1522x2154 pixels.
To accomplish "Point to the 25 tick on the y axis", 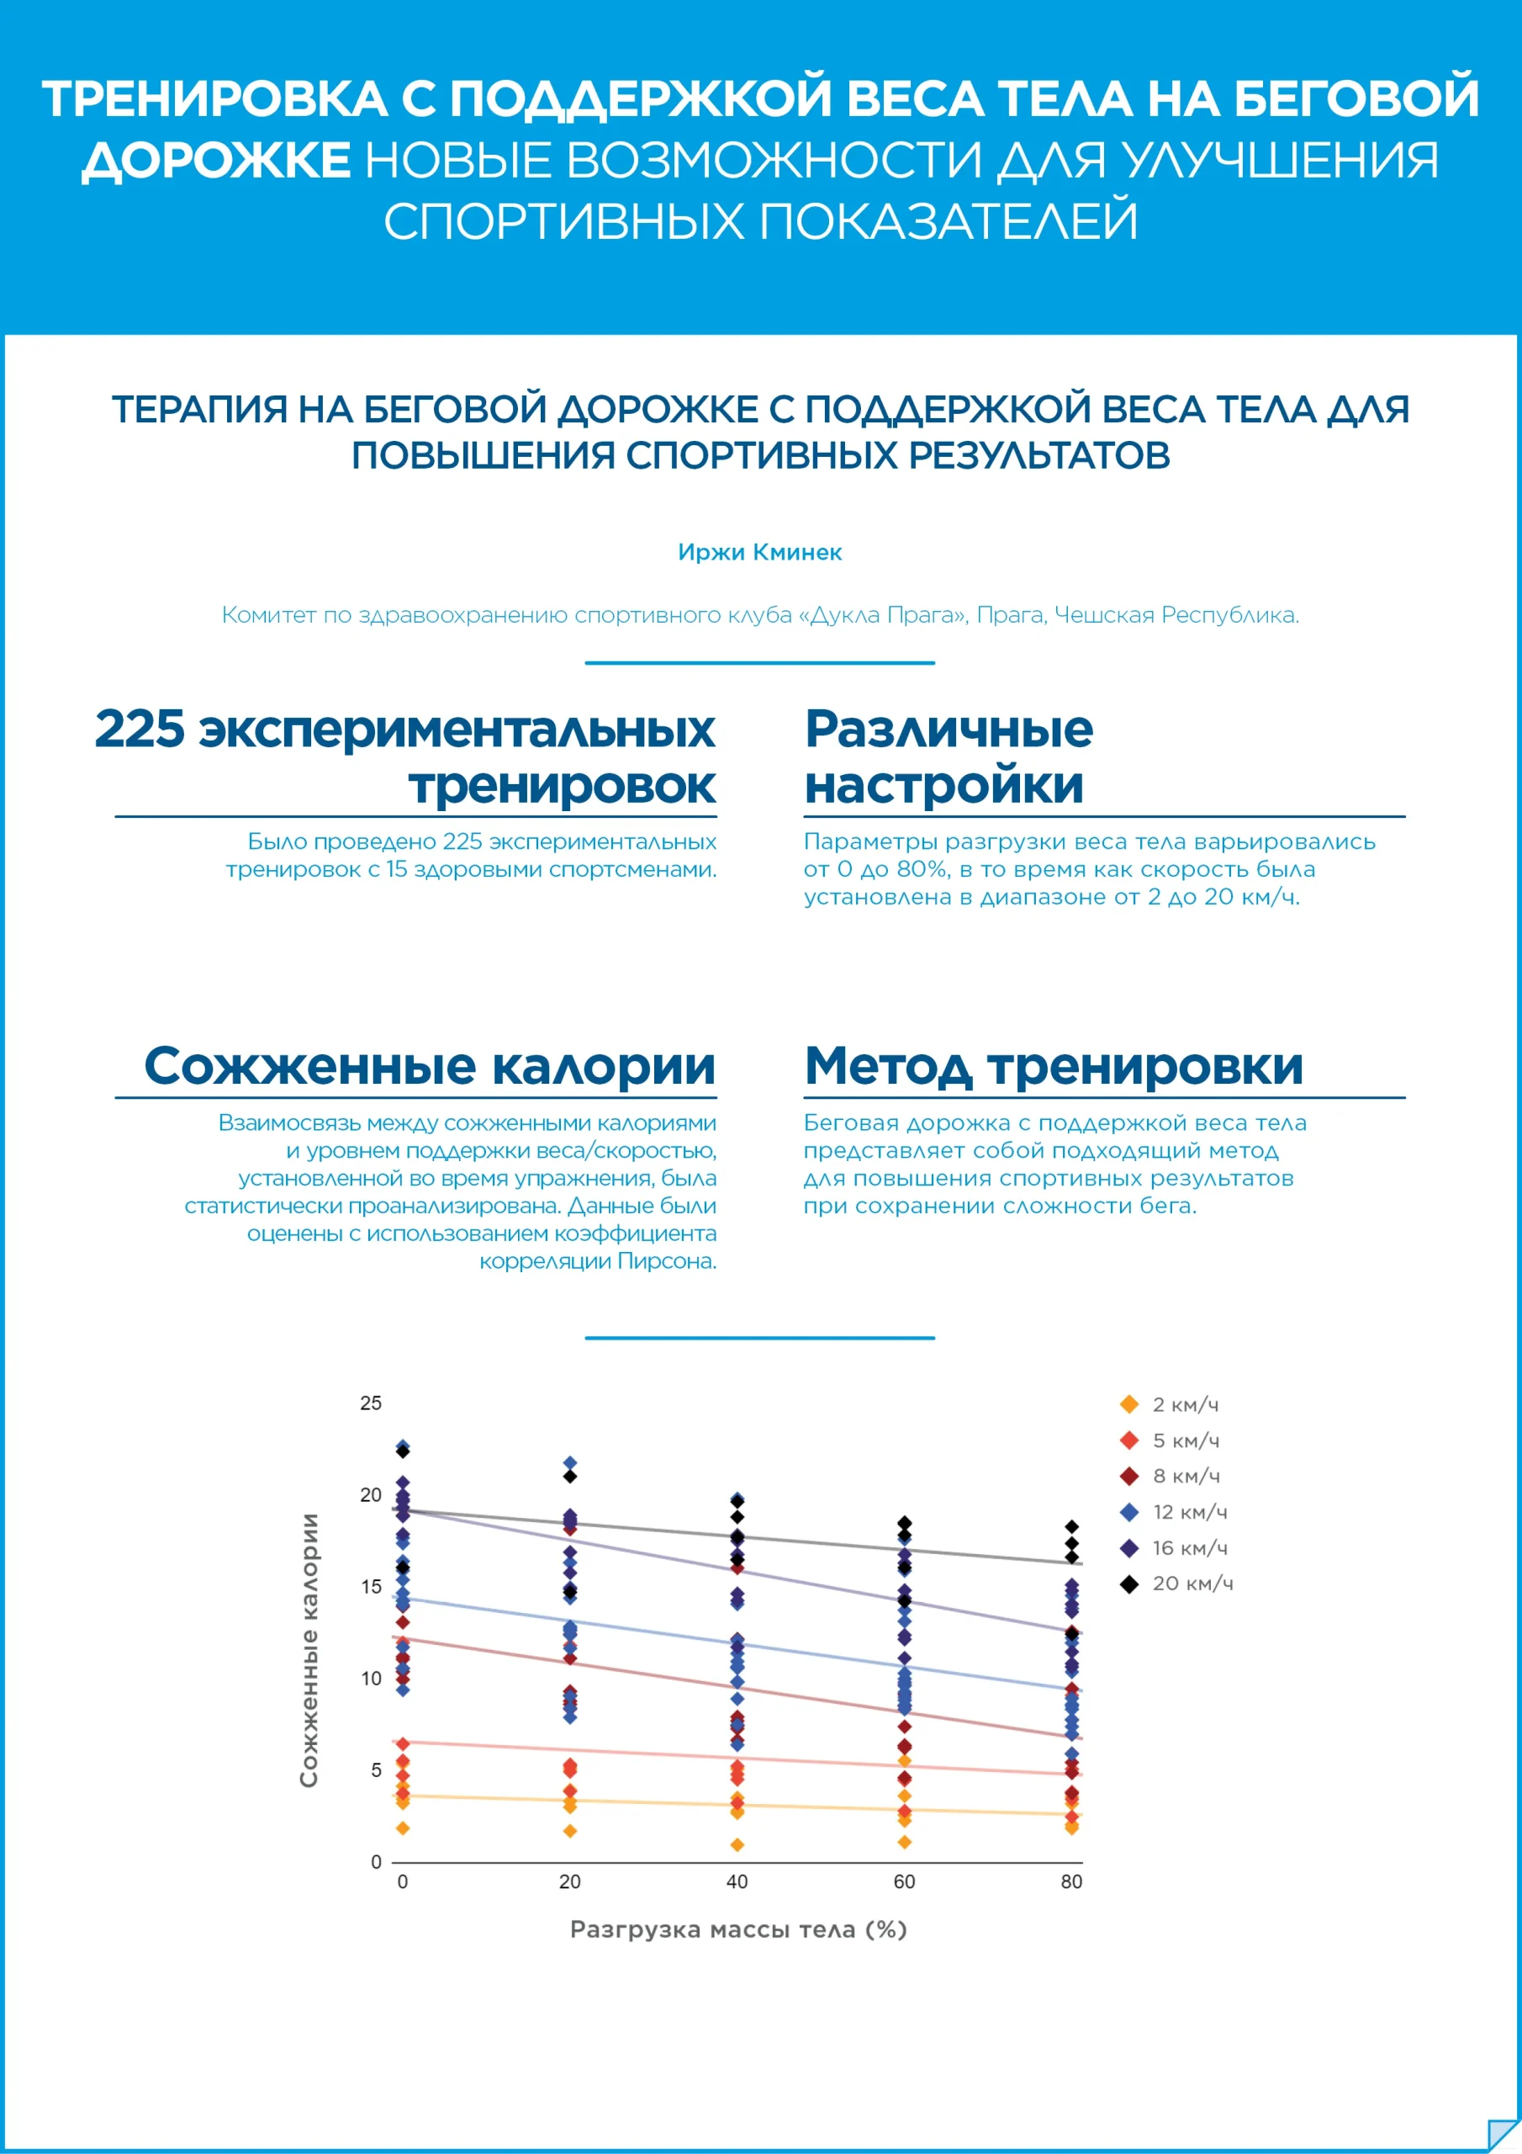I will click(x=372, y=1403).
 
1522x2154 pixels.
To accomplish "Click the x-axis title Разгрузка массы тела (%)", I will click(x=738, y=1929).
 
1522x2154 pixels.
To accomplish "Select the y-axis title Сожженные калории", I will click(x=309, y=1650).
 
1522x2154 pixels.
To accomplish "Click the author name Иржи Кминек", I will click(x=759, y=553).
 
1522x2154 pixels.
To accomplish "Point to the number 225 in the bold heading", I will click(x=140, y=729).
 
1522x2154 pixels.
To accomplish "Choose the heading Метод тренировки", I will click(x=1053, y=1067).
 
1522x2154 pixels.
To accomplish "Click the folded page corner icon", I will click(x=1503, y=2135).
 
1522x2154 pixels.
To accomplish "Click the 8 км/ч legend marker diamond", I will click(x=1129, y=1476).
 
